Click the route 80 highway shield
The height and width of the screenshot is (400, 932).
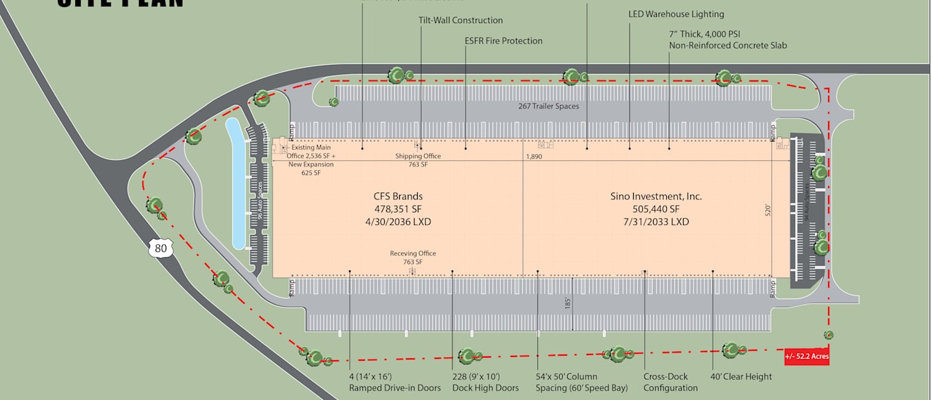click(x=161, y=249)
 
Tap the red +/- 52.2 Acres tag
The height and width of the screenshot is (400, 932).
click(x=807, y=357)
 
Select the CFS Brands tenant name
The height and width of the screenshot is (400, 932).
click(x=398, y=196)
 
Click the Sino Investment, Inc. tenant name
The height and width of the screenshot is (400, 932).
click(x=656, y=196)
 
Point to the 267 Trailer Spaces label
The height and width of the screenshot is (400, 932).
click(x=548, y=107)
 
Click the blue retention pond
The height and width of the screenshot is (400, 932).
click(x=237, y=184)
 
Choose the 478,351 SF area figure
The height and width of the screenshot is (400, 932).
click(x=398, y=209)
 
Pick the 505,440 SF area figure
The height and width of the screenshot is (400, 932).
click(x=656, y=209)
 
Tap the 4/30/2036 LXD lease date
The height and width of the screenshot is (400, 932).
click(x=398, y=222)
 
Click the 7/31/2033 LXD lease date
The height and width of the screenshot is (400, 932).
click(x=656, y=222)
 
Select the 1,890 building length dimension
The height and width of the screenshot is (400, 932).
click(x=534, y=157)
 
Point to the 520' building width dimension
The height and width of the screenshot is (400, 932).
click(x=768, y=210)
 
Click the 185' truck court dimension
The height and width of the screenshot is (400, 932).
click(x=568, y=303)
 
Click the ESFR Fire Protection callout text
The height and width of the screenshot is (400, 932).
click(x=504, y=41)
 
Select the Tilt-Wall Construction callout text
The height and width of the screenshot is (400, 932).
click(x=461, y=21)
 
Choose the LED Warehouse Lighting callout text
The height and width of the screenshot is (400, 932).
click(x=676, y=14)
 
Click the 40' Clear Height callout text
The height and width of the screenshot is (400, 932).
click(x=741, y=376)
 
